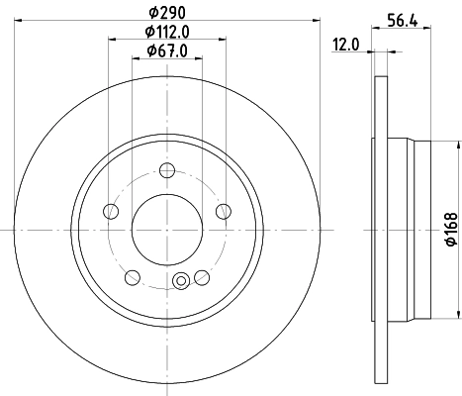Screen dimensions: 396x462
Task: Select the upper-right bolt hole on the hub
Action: [x=223, y=209]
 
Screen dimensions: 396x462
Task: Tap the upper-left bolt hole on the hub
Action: [x=112, y=210]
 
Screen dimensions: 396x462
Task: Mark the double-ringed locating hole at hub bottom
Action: [x=181, y=282]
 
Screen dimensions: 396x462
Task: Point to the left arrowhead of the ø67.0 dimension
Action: [x=137, y=60]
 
